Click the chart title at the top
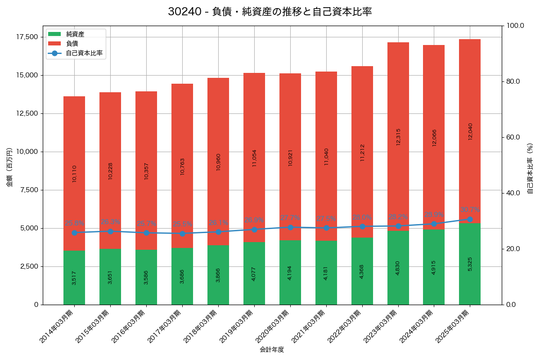pos(270,12)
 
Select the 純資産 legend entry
pos(75,34)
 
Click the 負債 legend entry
pos(72,44)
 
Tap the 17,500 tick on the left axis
pos(27,37)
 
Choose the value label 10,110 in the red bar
pos(74,173)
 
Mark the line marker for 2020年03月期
pos(290,227)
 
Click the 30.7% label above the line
pos(470,210)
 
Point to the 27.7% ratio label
pos(290,218)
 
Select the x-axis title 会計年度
pos(272,350)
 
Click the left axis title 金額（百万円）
pos(9,167)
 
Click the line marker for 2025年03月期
pos(470,219)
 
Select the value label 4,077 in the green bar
pos(254,274)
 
